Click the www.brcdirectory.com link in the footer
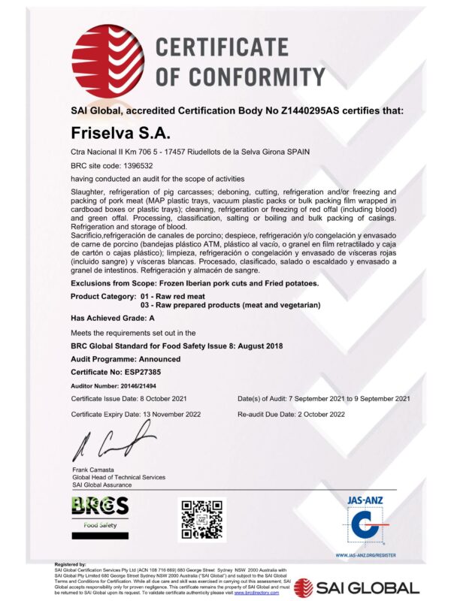point(256,593)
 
